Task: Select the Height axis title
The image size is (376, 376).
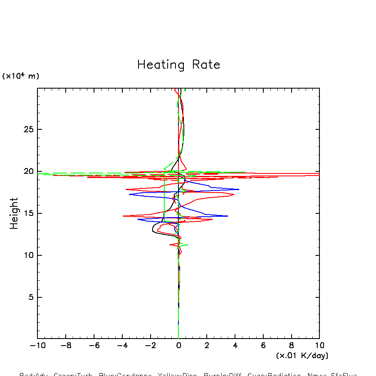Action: [x=14, y=213]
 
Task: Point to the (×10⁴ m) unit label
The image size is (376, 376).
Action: [x=21, y=76]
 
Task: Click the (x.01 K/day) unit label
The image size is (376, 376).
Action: [x=302, y=356]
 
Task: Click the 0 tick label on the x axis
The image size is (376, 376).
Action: [x=178, y=346]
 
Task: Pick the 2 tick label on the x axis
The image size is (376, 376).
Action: [x=207, y=346]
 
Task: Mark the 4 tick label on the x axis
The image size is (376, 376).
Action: [x=235, y=346]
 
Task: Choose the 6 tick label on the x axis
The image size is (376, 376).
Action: [x=263, y=346]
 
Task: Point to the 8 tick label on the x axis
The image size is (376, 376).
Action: [x=291, y=346]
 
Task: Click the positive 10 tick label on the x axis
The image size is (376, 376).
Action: [x=319, y=346]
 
